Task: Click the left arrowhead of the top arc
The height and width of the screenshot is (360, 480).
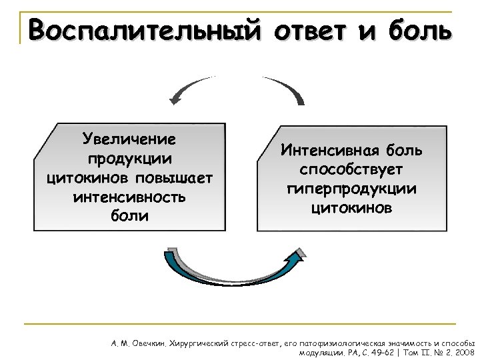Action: click(176, 100)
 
